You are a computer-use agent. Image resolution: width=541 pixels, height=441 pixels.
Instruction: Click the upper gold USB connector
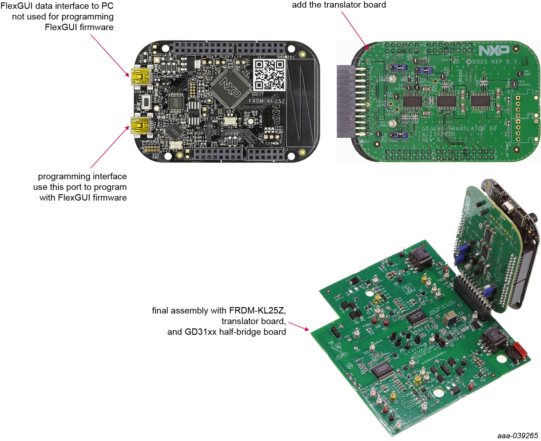pyautogui.click(x=140, y=76)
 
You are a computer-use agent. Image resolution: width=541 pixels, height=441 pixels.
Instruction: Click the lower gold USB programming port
pyautogui.click(x=140, y=125)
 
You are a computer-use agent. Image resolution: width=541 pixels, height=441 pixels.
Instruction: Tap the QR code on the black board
pyautogui.click(x=269, y=75)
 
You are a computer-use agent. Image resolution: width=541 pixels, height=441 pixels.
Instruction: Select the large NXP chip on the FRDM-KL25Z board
pyautogui.click(x=230, y=87)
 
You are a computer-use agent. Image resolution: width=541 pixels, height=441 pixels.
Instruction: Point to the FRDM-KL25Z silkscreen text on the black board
pyautogui.click(x=267, y=101)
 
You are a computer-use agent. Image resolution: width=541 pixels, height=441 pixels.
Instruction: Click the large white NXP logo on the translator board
pyautogui.click(x=494, y=51)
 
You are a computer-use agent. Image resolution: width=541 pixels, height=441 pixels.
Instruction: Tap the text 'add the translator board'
pyautogui.click(x=339, y=5)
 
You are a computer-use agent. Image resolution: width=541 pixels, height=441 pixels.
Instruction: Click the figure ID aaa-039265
pyautogui.click(x=518, y=436)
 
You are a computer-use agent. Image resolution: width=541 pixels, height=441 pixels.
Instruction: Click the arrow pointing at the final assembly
pyautogui.click(x=298, y=326)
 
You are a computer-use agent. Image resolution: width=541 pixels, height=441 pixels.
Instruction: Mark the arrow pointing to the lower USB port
pyautogui.click(x=110, y=147)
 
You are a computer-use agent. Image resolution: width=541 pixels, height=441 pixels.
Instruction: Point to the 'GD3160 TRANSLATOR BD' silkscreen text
pyautogui.click(x=459, y=128)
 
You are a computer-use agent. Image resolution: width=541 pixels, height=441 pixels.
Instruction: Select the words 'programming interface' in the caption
pyautogui.click(x=82, y=177)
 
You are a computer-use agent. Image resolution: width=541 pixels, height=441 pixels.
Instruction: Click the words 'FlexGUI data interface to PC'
pyautogui.click(x=57, y=6)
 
